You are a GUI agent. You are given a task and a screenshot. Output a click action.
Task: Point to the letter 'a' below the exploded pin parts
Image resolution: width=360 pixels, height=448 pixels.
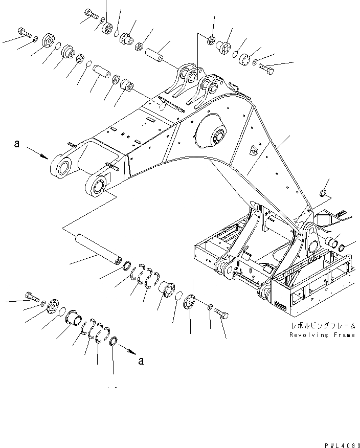point(141,361)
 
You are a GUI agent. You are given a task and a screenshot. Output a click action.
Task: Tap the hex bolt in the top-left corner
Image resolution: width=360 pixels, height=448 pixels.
point(25,32)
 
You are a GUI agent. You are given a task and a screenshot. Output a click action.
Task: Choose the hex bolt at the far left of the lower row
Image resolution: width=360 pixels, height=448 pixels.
point(31,297)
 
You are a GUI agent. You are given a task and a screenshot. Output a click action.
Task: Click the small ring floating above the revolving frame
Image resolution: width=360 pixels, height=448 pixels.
point(323,193)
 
